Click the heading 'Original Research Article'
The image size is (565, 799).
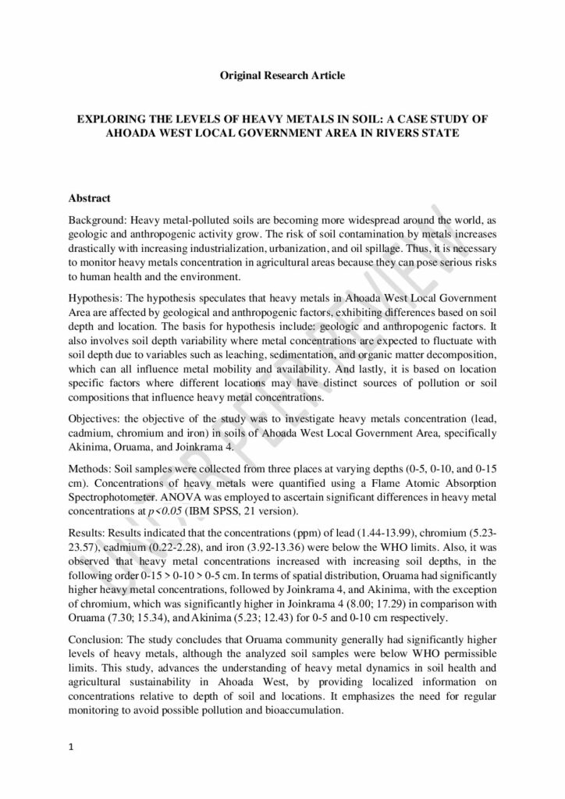pyautogui.click(x=282, y=75)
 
